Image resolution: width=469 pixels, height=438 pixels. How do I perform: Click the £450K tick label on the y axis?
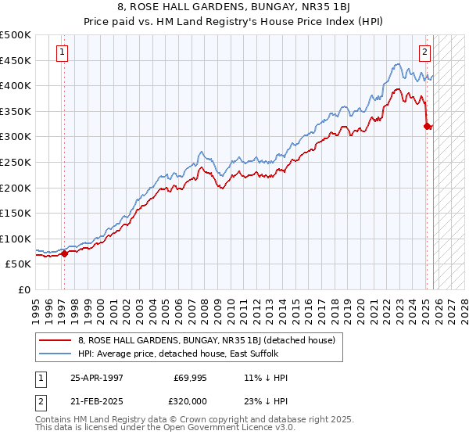pyautogui.click(x=16, y=60)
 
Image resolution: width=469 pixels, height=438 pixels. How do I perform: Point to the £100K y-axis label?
pyautogui.click(x=16, y=239)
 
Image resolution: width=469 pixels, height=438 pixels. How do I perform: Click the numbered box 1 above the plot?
pyautogui.click(x=62, y=53)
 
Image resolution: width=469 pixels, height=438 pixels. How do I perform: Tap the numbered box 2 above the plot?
pyautogui.click(x=424, y=53)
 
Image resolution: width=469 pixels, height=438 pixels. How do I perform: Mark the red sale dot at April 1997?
pyautogui.click(x=65, y=253)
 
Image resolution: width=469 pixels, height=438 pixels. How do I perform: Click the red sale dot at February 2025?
pyautogui.click(x=427, y=125)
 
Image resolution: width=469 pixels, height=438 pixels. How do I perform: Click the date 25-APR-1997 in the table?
pyautogui.click(x=97, y=378)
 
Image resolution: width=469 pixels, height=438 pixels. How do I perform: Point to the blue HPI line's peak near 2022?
pyautogui.click(x=398, y=64)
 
